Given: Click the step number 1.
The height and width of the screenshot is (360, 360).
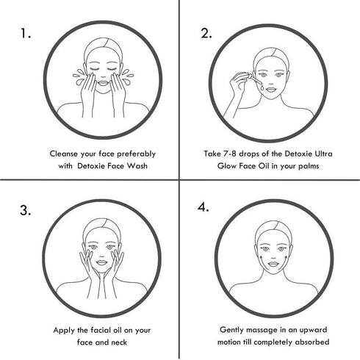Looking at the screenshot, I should pos(27,34).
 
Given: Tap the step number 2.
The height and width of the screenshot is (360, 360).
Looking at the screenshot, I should pos(207,34).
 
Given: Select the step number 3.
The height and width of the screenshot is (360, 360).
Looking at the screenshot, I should pos(26,210).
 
